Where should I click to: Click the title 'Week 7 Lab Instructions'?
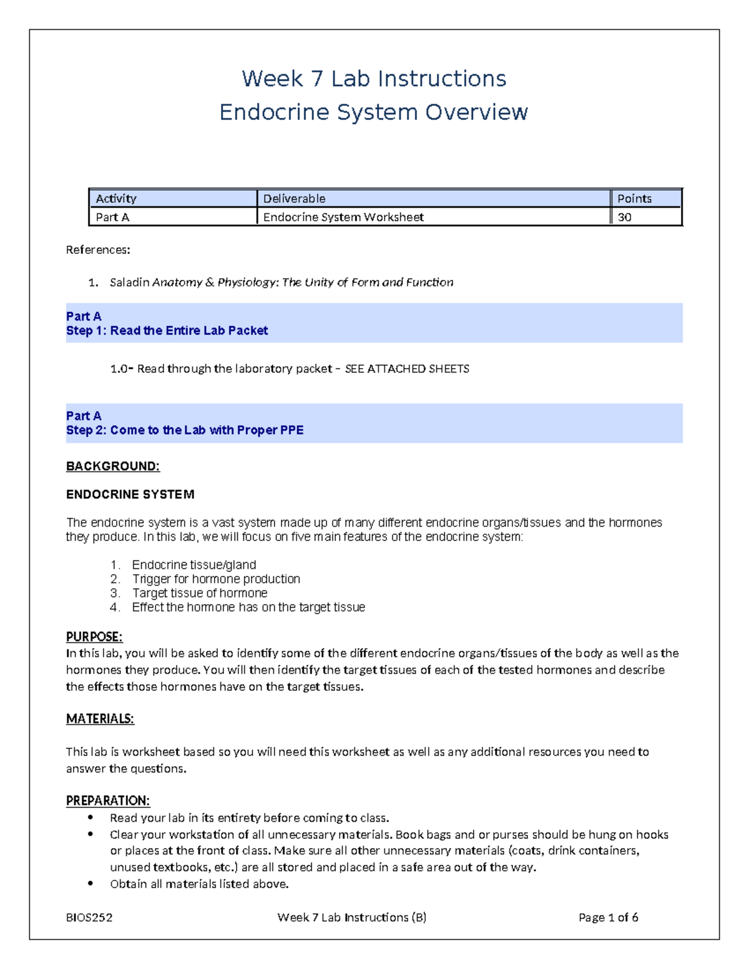pyautogui.click(x=374, y=79)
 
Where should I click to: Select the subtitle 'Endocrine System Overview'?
pyautogui.click(x=374, y=112)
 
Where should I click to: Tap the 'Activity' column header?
pyautogui.click(x=116, y=198)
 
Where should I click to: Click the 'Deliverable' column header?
pyautogui.click(x=294, y=198)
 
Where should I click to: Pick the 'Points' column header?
pyautogui.click(x=634, y=198)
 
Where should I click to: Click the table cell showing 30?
pyautogui.click(x=624, y=217)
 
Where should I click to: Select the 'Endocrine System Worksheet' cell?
pyautogui.click(x=343, y=217)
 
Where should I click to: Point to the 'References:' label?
pyautogui.click(x=98, y=250)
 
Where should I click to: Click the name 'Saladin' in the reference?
pyautogui.click(x=129, y=282)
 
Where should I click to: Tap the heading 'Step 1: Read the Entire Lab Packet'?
pyautogui.click(x=167, y=331)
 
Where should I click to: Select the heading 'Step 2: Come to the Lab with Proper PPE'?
pyautogui.click(x=185, y=430)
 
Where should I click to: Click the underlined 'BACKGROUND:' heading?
pyautogui.click(x=112, y=466)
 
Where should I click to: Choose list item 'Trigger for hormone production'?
pyautogui.click(x=216, y=579)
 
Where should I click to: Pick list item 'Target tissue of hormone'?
pyautogui.click(x=200, y=593)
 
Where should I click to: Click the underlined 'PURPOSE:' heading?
pyautogui.click(x=94, y=637)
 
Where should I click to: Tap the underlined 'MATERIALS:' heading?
pyautogui.click(x=100, y=719)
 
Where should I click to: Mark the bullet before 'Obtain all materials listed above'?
pyautogui.click(x=91, y=883)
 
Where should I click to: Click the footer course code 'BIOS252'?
pyautogui.click(x=89, y=917)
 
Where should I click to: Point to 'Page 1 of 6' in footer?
pyautogui.click(x=608, y=917)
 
